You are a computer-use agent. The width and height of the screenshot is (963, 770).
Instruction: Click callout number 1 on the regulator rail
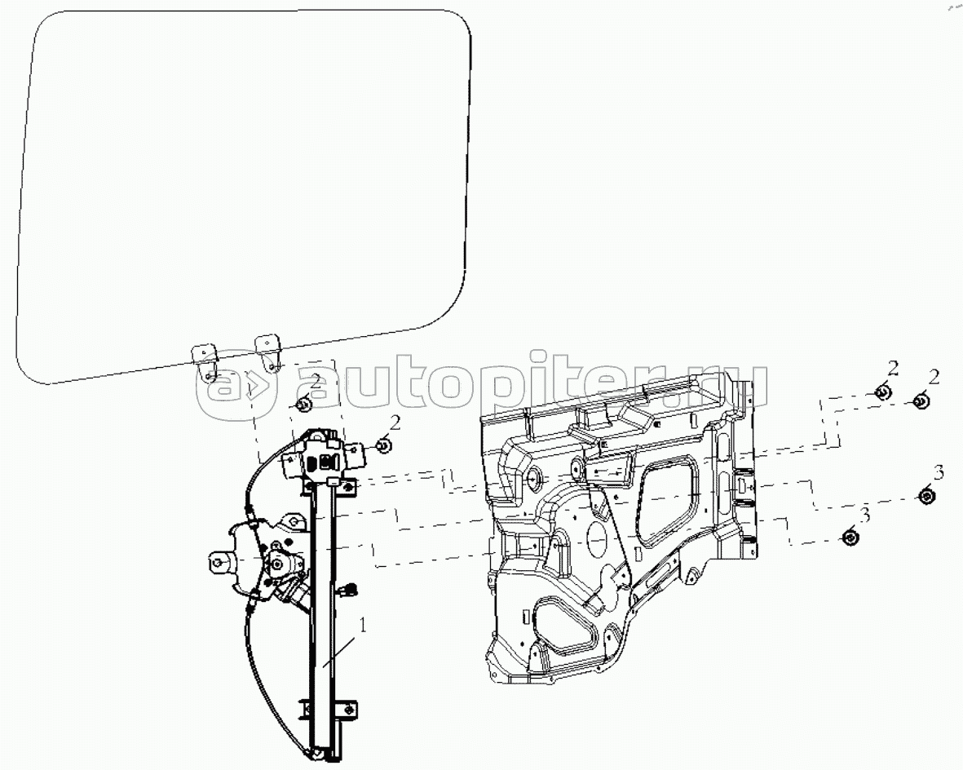point(363,626)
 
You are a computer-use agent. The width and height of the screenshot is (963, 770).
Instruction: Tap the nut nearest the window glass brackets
point(303,405)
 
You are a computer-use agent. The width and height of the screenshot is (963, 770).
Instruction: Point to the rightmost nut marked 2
point(921,401)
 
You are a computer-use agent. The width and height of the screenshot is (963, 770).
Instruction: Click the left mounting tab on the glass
point(205,364)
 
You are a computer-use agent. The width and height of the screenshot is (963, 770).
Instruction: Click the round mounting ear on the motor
point(220,560)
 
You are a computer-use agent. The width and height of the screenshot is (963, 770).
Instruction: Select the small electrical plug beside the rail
point(351,589)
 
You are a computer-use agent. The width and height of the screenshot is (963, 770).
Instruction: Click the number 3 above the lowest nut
point(865,516)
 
